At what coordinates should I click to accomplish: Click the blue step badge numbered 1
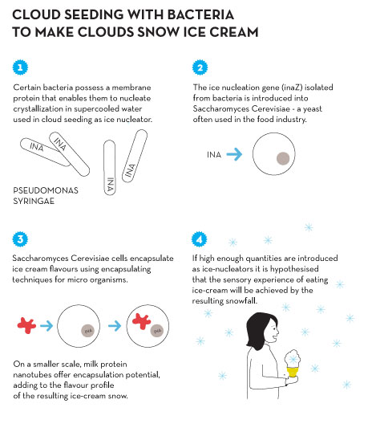point(20,67)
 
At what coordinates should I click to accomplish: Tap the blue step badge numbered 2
point(200,67)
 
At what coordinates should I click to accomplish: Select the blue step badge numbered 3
point(20,239)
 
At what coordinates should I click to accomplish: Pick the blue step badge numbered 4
point(199,239)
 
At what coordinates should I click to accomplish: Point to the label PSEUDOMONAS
point(46,190)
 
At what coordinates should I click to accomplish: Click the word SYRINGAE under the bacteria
point(34,202)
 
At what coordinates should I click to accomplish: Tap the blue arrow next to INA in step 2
point(234,154)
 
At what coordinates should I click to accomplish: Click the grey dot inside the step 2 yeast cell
point(283,158)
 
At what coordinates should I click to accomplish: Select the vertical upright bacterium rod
point(110,167)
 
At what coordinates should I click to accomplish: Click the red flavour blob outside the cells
point(26,325)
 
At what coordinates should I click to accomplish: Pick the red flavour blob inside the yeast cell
point(141,321)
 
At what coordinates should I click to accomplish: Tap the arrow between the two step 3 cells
point(115,326)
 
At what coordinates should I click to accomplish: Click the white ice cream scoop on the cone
point(293,359)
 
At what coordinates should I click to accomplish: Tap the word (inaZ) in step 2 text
point(293,88)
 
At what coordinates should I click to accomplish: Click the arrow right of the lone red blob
point(46,326)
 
